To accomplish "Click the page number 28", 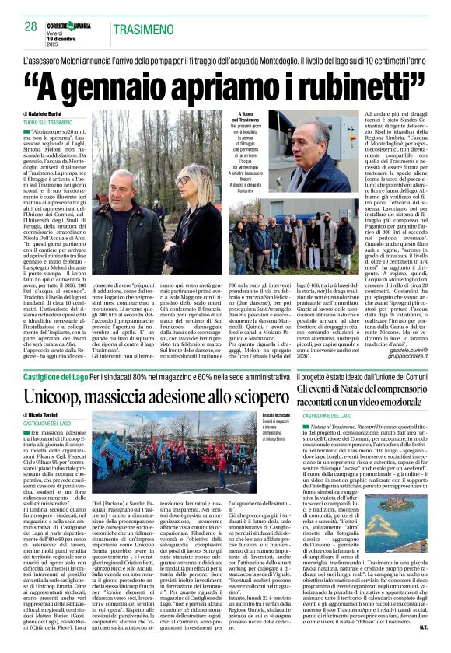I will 31,28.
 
